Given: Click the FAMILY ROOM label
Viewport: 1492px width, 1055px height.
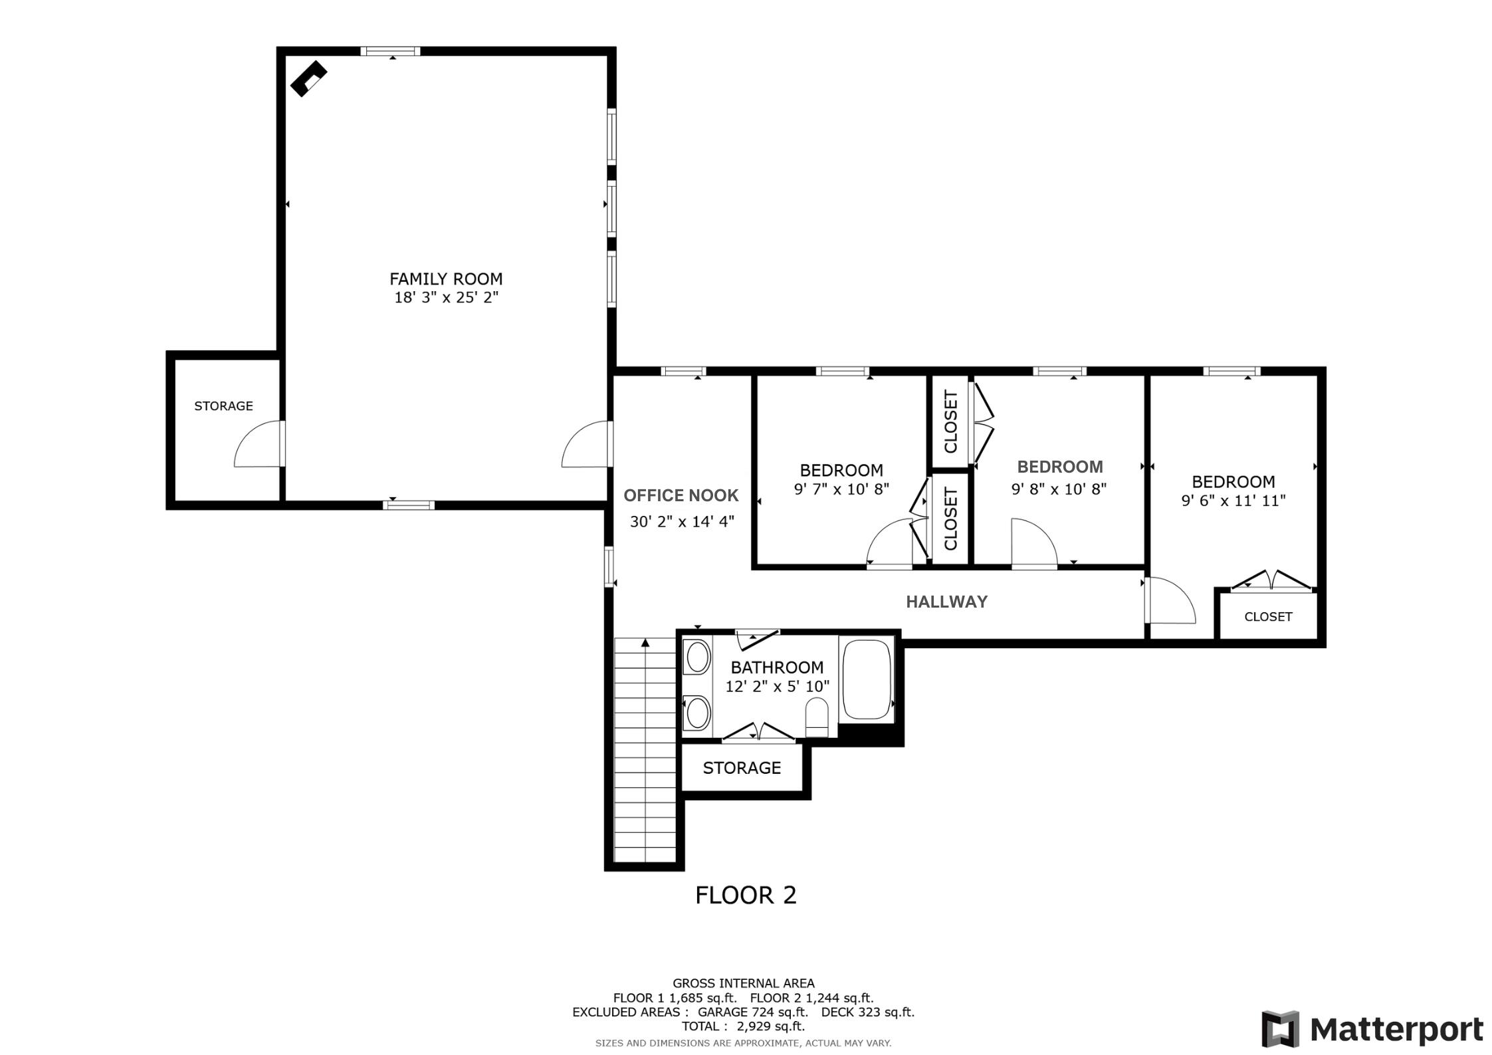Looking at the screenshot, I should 445,279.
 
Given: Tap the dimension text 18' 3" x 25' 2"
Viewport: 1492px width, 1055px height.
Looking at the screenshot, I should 446,297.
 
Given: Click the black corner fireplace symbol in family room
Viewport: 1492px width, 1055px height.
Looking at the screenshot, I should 308,78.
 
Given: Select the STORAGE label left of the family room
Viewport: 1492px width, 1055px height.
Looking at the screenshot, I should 223,406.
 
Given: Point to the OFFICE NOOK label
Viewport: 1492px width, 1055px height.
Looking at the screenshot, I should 681,495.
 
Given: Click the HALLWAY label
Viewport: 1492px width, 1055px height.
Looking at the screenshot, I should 946,602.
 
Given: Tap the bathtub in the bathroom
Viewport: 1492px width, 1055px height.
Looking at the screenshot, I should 866,679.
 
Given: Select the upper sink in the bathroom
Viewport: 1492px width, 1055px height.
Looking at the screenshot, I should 697,657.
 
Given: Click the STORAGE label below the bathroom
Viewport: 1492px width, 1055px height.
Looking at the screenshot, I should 742,768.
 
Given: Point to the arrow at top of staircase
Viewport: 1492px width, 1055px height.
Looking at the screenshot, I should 645,643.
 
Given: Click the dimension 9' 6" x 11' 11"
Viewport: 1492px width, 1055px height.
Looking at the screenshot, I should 1233,501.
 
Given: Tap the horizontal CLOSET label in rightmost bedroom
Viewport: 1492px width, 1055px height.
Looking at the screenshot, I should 1268,617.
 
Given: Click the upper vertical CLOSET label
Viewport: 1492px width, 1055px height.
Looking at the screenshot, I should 950,421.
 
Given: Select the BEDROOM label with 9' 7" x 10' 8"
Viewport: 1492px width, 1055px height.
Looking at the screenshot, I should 841,470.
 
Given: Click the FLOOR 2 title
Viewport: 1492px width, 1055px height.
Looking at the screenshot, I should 745,895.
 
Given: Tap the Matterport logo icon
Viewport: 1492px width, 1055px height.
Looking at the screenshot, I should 1280,1029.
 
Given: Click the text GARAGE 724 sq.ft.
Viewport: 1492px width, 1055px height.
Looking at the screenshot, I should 752,1012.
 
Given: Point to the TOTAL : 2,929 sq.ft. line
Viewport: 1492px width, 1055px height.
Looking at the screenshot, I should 742,1026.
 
